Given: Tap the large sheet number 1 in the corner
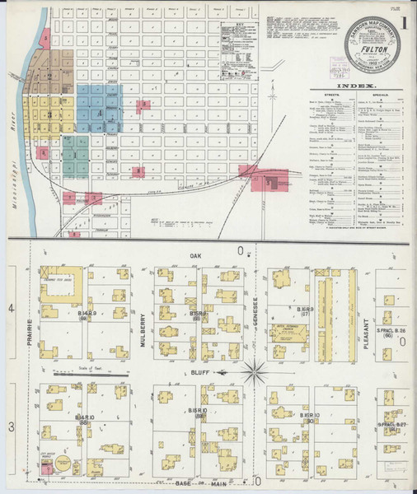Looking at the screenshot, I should pyautogui.click(x=405, y=23).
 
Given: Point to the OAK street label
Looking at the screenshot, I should pyautogui.click(x=195, y=256).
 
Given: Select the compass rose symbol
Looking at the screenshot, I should pyautogui.click(x=255, y=372).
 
